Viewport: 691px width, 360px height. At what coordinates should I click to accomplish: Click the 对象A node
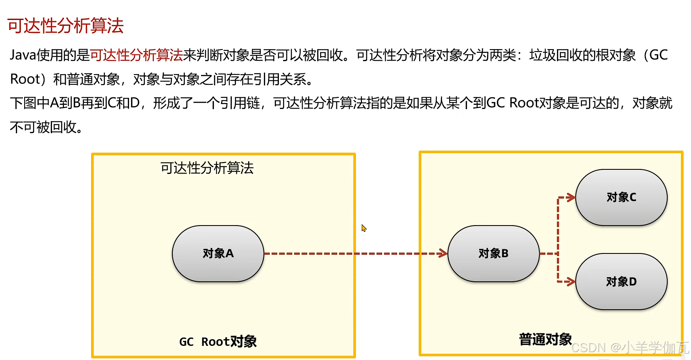[218, 253]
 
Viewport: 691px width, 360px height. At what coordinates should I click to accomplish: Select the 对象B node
[493, 253]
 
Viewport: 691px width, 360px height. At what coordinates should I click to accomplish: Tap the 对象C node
[621, 197]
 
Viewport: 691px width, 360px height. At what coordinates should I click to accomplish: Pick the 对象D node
[621, 282]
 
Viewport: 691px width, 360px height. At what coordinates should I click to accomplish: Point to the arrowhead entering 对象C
[571, 197]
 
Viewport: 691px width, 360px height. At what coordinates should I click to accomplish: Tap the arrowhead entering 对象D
[571, 282]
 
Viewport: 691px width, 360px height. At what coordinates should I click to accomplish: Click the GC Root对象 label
[218, 342]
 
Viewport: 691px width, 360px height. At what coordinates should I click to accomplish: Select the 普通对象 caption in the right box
[545, 339]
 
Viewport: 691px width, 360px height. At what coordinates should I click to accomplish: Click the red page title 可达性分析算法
[65, 26]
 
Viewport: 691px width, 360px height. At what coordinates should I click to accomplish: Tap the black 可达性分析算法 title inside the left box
[207, 168]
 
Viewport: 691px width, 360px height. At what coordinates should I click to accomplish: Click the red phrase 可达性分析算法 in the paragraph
[136, 55]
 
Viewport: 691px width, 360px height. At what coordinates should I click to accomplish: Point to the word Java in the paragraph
[23, 55]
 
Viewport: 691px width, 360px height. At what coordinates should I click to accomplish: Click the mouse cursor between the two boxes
[363, 228]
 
